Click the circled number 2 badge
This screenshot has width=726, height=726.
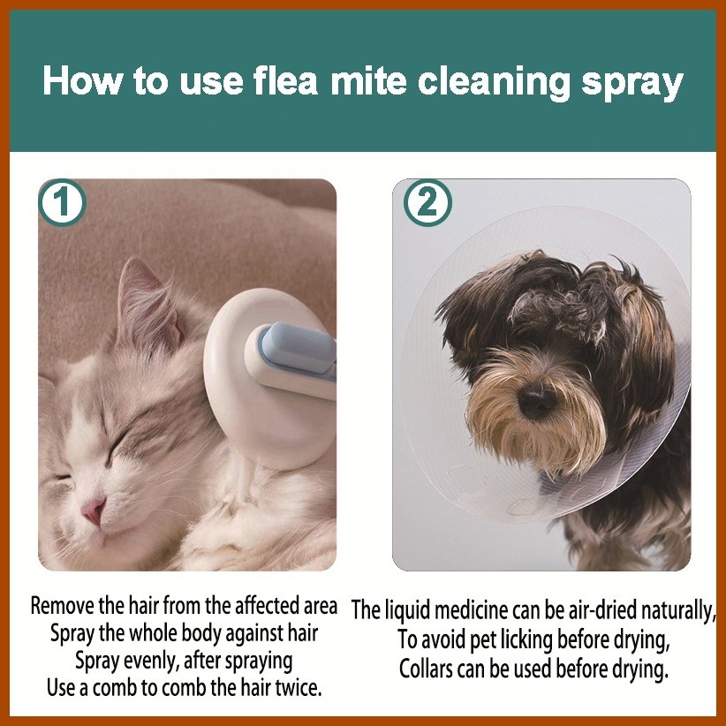(x=427, y=204)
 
